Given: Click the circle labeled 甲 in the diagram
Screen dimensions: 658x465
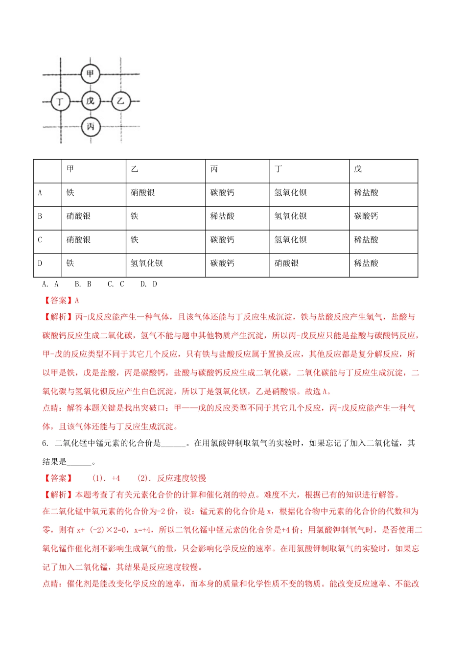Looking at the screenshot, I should [x=90, y=74].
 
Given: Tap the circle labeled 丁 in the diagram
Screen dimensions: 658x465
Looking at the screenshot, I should [x=60, y=101].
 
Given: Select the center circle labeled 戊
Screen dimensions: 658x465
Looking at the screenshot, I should [x=90, y=101].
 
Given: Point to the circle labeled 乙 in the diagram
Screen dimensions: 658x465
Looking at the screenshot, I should [x=120, y=101].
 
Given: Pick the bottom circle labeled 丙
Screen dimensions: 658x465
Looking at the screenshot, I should [x=90, y=127].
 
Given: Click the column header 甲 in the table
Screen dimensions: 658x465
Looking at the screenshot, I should [x=70, y=169].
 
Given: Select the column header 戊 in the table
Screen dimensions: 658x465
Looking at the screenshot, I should [x=358, y=169].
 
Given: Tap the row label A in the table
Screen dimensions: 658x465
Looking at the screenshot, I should [x=40, y=193].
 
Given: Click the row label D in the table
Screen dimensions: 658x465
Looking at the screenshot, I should [x=40, y=263].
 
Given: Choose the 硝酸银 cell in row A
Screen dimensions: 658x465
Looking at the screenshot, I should [x=142, y=193].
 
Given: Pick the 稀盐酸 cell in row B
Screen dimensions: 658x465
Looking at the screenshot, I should [x=222, y=216].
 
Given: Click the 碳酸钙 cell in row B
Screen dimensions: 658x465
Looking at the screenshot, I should [x=366, y=216].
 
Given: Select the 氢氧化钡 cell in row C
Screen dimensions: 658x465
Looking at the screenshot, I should [x=290, y=240].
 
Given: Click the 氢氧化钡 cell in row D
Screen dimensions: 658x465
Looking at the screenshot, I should [x=146, y=263].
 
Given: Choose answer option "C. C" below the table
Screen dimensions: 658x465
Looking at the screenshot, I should [x=116, y=284].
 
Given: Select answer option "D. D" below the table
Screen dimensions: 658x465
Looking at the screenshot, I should [x=148, y=284].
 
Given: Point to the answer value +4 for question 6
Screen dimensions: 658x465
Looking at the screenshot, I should [x=116, y=478].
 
